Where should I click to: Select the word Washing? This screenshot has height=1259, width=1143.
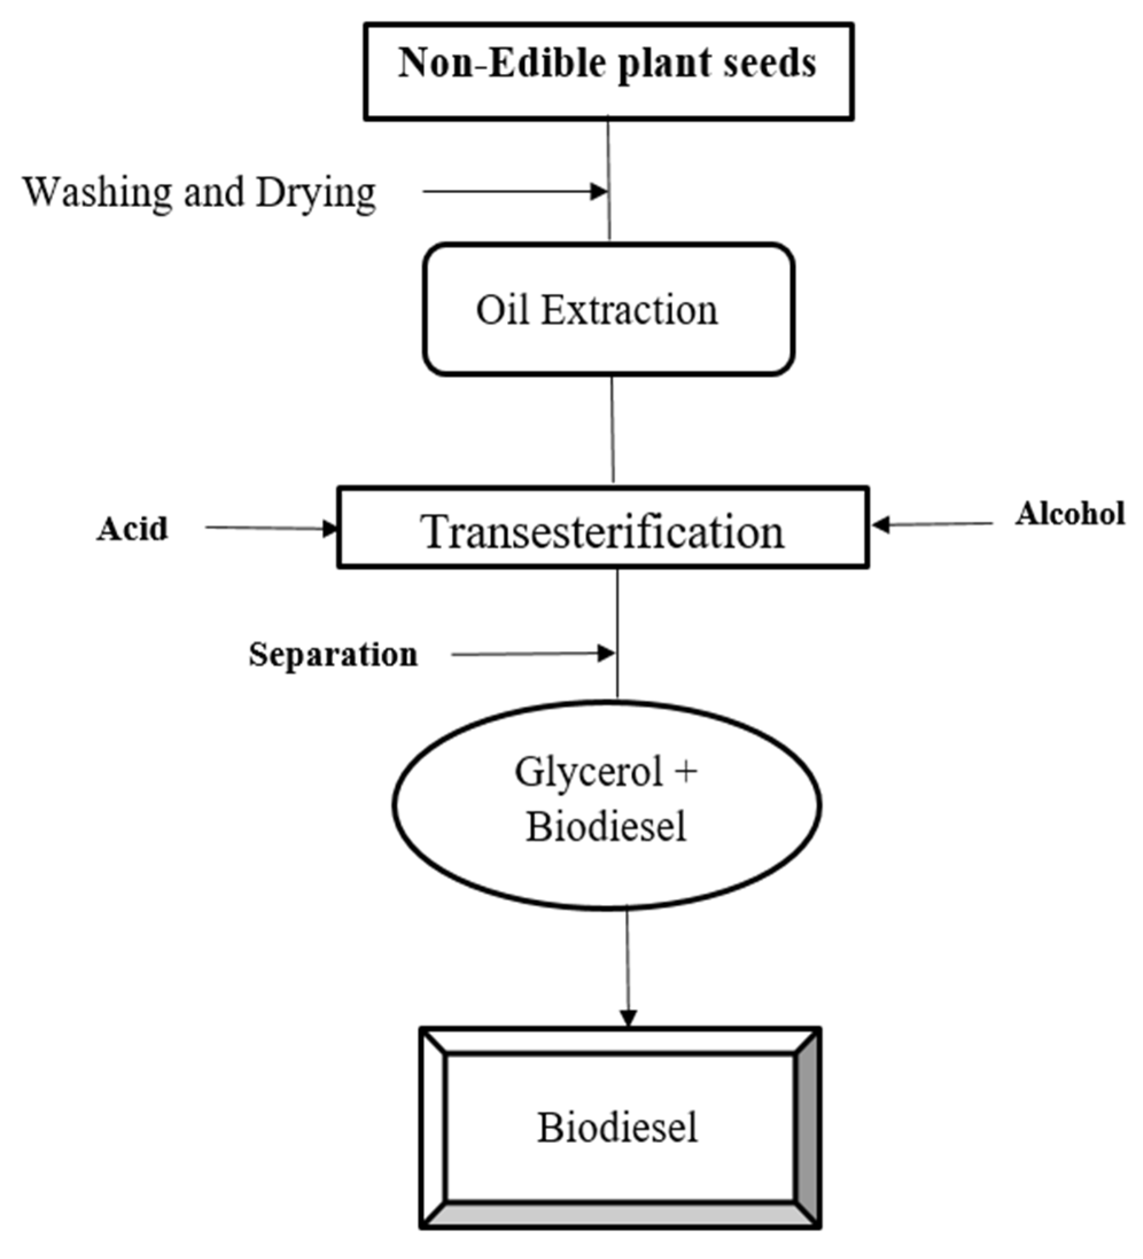coord(97,193)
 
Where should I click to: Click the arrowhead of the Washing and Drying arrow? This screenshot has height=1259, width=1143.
coord(600,191)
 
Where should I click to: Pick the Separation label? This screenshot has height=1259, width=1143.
coord(333,655)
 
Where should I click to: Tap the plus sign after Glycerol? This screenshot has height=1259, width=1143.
coord(686,772)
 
